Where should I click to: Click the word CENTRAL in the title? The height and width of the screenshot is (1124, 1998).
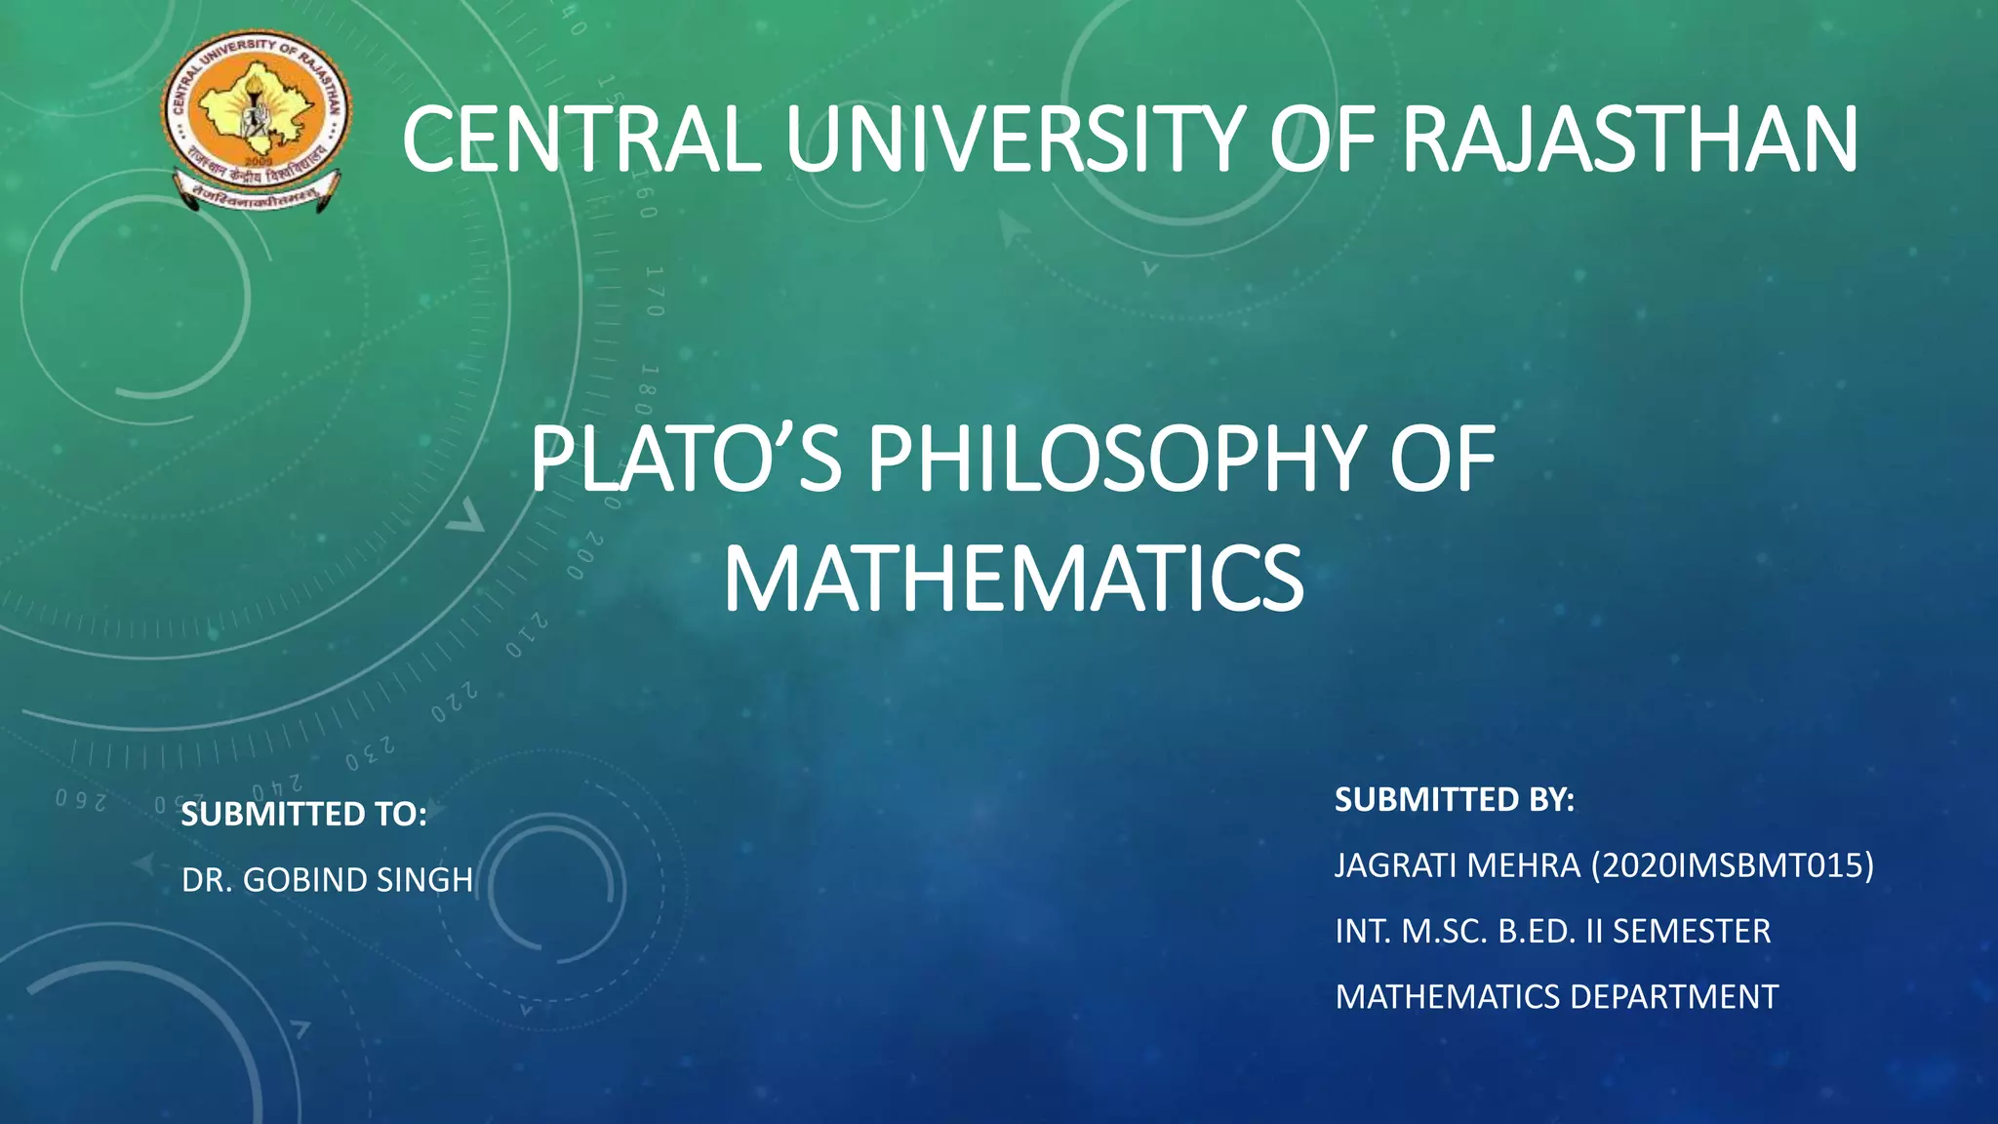tap(581, 140)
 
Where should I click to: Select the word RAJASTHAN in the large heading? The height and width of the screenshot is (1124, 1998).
tap(1629, 140)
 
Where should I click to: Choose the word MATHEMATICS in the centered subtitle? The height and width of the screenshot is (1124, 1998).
tap(1013, 580)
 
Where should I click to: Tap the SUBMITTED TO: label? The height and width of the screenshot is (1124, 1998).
tap(304, 815)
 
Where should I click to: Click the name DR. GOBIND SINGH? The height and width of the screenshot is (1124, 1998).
tap(327, 880)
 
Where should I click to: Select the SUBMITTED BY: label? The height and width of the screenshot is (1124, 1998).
tap(1454, 800)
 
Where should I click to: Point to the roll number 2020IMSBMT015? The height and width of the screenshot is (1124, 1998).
tap(1732, 865)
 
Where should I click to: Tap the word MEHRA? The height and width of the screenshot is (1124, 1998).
tap(1536, 865)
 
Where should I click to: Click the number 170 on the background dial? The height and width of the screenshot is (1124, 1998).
tap(655, 291)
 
